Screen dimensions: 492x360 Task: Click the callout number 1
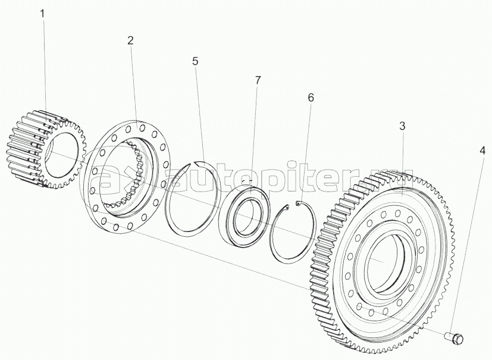click(x=42, y=14)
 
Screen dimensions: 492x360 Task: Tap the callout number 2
click(x=130, y=40)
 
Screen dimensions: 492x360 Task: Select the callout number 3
click(x=402, y=126)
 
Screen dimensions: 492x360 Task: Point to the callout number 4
click(x=482, y=152)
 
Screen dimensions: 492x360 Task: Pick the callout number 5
click(x=195, y=61)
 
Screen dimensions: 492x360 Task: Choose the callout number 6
click(x=311, y=98)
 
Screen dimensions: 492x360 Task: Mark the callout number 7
click(x=257, y=80)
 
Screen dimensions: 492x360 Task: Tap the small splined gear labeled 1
click(x=46, y=149)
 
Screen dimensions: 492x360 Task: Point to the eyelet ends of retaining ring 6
click(x=293, y=205)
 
